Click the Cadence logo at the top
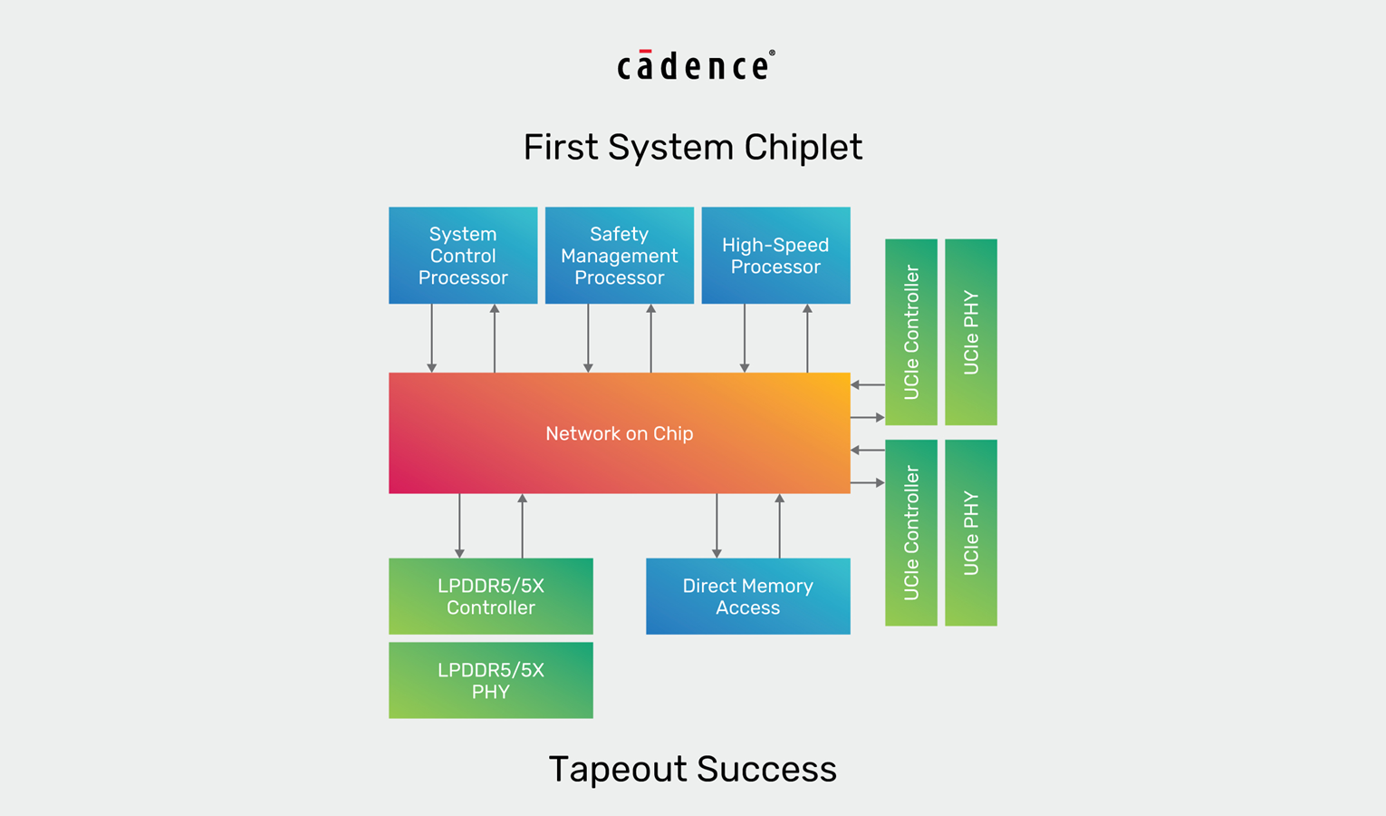pyautogui.click(x=695, y=65)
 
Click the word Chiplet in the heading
pyautogui.click(x=803, y=147)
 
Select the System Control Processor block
pyautogui.click(x=463, y=256)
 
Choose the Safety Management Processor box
pyautogui.click(x=620, y=256)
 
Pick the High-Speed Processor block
pyautogui.click(x=775, y=256)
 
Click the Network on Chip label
pyautogui.click(x=620, y=433)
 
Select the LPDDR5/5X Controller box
pyautogui.click(x=491, y=597)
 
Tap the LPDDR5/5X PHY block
pyautogui.click(x=491, y=681)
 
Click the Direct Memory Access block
pyautogui.click(x=747, y=597)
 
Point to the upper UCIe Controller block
pyautogui.click(x=911, y=332)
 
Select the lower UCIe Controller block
pyautogui.click(x=911, y=533)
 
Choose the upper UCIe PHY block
pyautogui.click(x=971, y=332)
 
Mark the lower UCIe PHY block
pyautogui.click(x=971, y=533)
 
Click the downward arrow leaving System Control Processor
pyautogui.click(x=432, y=338)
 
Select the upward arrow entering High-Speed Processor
pyautogui.click(x=807, y=338)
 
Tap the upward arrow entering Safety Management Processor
pyautogui.click(x=650, y=338)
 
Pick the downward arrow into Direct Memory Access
pyautogui.click(x=717, y=526)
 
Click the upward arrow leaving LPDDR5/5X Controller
pyautogui.click(x=522, y=526)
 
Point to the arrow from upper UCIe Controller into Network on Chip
pyautogui.click(x=867, y=384)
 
